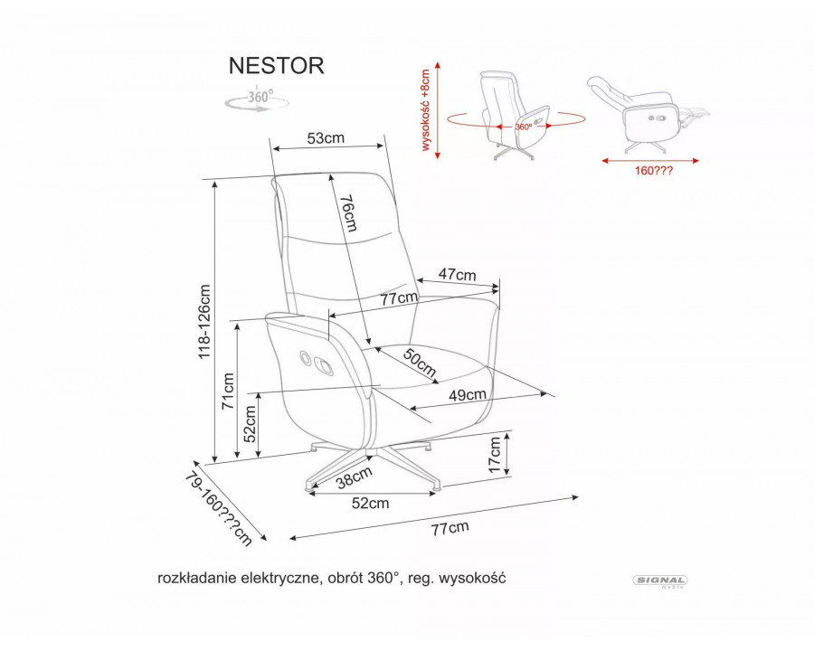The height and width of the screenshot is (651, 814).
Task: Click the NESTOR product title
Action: click(274, 66)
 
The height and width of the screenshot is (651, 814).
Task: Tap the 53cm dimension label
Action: click(326, 138)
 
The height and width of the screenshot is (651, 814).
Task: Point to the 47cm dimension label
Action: click(457, 274)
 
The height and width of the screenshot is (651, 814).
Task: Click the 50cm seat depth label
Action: click(420, 363)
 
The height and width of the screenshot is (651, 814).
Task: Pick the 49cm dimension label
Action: click(468, 394)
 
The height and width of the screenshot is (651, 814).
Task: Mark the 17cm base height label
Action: click(495, 454)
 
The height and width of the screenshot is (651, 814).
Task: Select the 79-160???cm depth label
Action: click(217, 508)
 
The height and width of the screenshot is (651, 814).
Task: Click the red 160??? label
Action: click(650, 168)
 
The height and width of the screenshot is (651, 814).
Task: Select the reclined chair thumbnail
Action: click(645, 113)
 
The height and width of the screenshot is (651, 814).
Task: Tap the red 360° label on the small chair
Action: click(524, 127)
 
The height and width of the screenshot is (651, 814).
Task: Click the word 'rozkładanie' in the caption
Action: click(192, 576)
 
